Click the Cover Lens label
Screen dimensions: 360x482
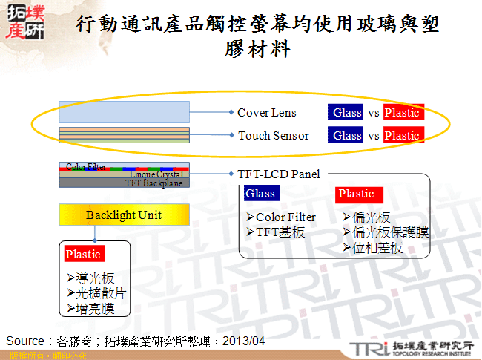click(266, 113)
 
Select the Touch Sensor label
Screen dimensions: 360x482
click(273, 136)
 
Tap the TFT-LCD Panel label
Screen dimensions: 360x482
click(279, 174)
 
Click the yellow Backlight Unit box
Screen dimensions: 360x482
click(124, 215)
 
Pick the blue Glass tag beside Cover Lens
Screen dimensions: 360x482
click(347, 113)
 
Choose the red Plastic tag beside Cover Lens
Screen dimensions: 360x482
click(402, 113)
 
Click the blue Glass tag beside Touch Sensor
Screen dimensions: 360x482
click(347, 136)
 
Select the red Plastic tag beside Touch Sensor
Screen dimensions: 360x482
click(402, 136)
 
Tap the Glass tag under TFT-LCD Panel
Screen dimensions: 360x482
click(260, 194)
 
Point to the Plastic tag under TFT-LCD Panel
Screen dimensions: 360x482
click(357, 194)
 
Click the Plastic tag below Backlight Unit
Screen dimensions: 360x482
click(83, 254)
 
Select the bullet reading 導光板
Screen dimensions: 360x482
click(90, 278)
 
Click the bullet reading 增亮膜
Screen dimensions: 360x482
click(90, 308)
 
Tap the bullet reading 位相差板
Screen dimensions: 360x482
click(373, 248)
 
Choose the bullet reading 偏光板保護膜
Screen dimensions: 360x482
click(386, 232)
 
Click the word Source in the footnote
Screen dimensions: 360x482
click(25, 341)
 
